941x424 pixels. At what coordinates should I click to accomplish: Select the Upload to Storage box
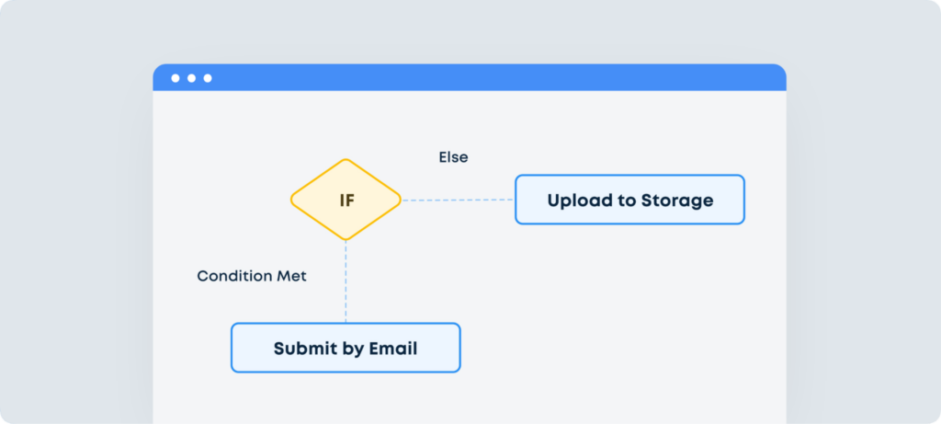pos(629,200)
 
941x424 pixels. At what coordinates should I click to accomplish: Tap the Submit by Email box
pos(346,348)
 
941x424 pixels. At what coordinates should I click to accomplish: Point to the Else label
pos(453,157)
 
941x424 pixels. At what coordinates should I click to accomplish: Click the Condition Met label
pos(252,276)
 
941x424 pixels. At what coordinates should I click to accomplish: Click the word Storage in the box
pos(676,201)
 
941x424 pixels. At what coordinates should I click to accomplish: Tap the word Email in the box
pos(392,349)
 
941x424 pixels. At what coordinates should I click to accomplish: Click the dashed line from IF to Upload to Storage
pos(458,200)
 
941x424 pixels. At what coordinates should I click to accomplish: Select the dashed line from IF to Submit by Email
pos(346,281)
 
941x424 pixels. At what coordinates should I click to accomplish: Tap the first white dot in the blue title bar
pos(176,78)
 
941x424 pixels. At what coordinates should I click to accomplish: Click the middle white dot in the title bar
pos(191,78)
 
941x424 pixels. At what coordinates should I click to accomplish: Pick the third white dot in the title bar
pos(208,78)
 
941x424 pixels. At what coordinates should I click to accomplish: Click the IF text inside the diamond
pos(346,201)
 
